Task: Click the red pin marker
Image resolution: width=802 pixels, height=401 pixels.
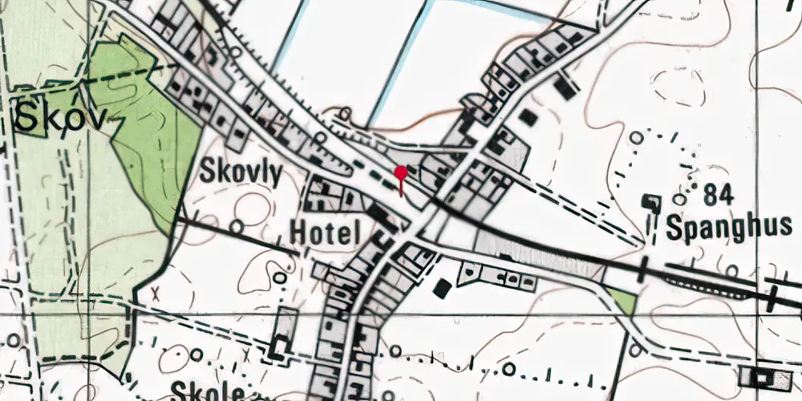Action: pos(400,172)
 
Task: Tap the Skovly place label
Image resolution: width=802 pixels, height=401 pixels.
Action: pos(241,173)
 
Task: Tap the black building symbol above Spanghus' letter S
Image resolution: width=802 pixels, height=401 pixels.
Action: pos(652,202)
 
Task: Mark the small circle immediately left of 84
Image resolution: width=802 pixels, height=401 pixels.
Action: pos(680,198)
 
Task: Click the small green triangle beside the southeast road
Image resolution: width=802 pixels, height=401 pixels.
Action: pos(623,301)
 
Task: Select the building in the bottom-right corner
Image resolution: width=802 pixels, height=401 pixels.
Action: pos(768,376)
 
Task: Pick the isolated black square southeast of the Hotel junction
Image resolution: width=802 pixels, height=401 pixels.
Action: pos(441,287)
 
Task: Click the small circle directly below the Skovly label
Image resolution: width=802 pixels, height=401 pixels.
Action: pos(237,227)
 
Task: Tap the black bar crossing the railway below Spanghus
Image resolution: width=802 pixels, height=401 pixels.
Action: pos(643,270)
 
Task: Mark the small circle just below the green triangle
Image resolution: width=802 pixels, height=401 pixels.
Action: pos(634,350)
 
